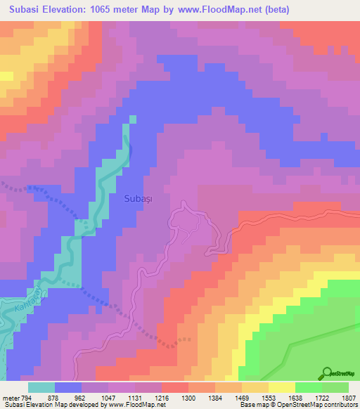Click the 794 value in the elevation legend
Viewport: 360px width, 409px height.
(x=27, y=398)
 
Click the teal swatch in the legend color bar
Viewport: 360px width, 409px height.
(x=41, y=387)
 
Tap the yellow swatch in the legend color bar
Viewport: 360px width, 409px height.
(x=281, y=387)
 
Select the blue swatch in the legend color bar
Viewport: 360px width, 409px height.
(x=68, y=387)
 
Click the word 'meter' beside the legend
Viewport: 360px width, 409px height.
(x=10, y=398)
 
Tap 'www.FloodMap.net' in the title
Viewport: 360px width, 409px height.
(x=217, y=11)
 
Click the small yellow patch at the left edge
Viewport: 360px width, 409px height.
(x=6, y=75)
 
